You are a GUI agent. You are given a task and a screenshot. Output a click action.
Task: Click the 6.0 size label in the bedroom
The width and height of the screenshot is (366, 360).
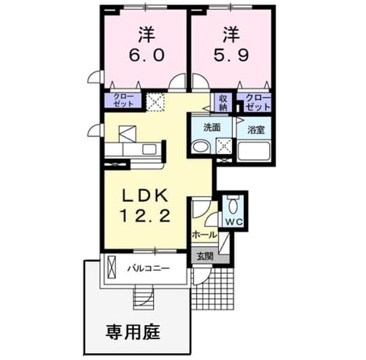(x=147, y=55)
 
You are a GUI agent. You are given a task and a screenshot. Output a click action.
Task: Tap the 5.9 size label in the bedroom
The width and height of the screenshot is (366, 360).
(x=231, y=55)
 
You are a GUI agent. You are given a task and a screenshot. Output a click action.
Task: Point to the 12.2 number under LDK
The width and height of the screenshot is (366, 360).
(x=144, y=215)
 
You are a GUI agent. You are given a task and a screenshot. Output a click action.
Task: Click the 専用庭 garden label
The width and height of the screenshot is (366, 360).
(x=133, y=332)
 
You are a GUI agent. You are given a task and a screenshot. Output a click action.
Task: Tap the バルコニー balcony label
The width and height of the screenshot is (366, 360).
(x=148, y=269)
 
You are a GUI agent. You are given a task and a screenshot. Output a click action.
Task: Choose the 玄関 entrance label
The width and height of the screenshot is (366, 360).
(x=205, y=256)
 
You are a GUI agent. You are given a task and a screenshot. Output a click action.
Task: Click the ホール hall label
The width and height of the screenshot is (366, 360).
(x=204, y=234)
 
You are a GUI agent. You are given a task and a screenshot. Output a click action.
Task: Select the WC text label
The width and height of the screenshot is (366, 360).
(x=234, y=222)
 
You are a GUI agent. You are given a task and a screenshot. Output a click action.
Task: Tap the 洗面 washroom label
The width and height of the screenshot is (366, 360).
(x=212, y=127)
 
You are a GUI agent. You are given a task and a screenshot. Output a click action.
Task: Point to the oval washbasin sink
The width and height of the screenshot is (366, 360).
(x=200, y=147)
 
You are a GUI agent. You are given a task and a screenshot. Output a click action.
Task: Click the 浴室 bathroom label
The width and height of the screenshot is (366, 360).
(x=256, y=130)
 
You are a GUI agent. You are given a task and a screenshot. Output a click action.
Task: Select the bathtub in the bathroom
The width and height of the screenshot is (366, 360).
(x=254, y=151)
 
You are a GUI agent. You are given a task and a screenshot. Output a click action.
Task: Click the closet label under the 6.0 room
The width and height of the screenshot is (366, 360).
(x=123, y=100)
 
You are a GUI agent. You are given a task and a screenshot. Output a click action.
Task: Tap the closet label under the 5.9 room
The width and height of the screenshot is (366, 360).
(x=258, y=102)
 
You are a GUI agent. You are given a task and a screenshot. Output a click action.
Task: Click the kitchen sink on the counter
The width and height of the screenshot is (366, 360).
(x=149, y=150)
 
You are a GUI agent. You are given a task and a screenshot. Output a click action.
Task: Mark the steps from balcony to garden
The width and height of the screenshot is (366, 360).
(x=143, y=297)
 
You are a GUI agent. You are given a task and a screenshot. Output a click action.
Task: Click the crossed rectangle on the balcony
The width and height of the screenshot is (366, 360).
(x=111, y=267)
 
